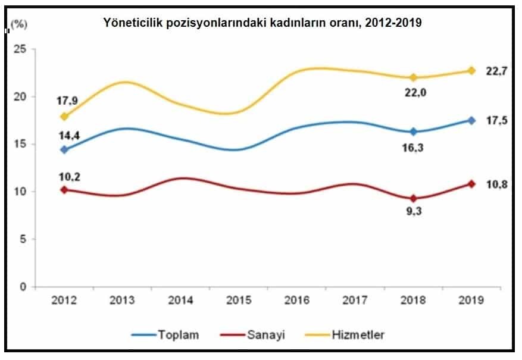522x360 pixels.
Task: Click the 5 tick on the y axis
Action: click(22, 239)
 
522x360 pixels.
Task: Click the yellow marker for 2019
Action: click(471, 71)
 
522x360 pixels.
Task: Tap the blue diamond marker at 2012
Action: click(64, 149)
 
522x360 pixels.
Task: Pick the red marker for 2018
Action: click(414, 199)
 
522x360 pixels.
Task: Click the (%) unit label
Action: click(19, 24)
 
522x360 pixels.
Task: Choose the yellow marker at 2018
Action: click(414, 77)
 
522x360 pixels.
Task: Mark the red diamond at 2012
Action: click(64, 190)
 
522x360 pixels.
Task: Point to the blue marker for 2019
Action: click(471, 120)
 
